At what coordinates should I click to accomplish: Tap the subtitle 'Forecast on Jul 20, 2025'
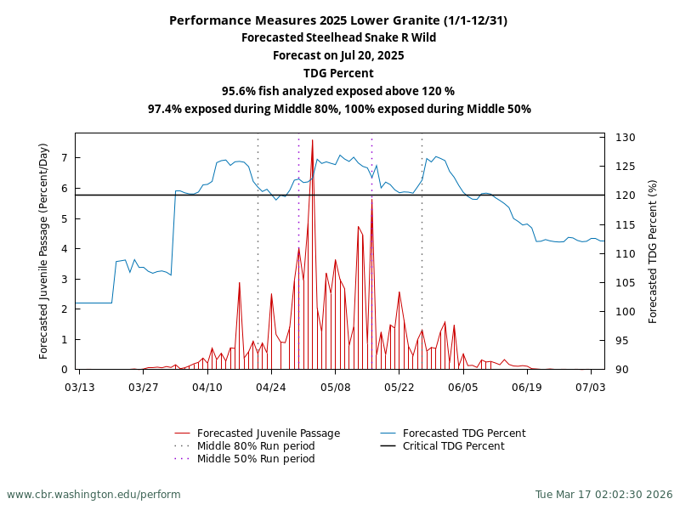pos(338,55)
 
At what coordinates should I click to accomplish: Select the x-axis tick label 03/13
pos(79,387)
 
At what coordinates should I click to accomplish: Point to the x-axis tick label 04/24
pos(271,387)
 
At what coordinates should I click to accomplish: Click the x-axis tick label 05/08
pos(335,387)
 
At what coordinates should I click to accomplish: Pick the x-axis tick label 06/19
pos(527,387)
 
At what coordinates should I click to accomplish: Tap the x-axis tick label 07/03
pos(591,387)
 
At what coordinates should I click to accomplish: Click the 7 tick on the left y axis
pos(64,158)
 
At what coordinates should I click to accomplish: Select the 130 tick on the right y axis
pos(626,138)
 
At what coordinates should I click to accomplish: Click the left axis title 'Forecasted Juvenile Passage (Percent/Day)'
pos(44,251)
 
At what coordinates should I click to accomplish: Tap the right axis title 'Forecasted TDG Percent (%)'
pos(653,251)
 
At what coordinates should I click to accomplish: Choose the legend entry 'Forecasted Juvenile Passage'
pos(268,433)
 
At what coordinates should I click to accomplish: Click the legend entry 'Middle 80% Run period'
pos(255,446)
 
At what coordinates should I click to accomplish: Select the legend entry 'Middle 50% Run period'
pos(255,459)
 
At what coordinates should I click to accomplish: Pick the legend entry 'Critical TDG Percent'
pos(453,446)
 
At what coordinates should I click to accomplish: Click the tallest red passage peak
pos(312,141)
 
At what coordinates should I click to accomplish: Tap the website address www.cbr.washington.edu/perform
pos(93,494)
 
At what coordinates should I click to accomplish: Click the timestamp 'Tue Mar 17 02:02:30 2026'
pos(603,494)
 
